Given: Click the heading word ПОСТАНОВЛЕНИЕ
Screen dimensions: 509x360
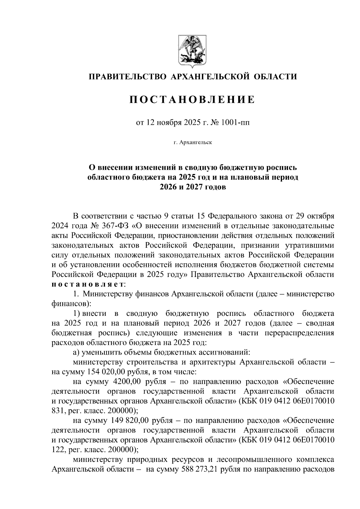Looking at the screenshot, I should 192,99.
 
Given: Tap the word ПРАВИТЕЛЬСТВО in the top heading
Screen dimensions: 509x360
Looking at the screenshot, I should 127,77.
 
